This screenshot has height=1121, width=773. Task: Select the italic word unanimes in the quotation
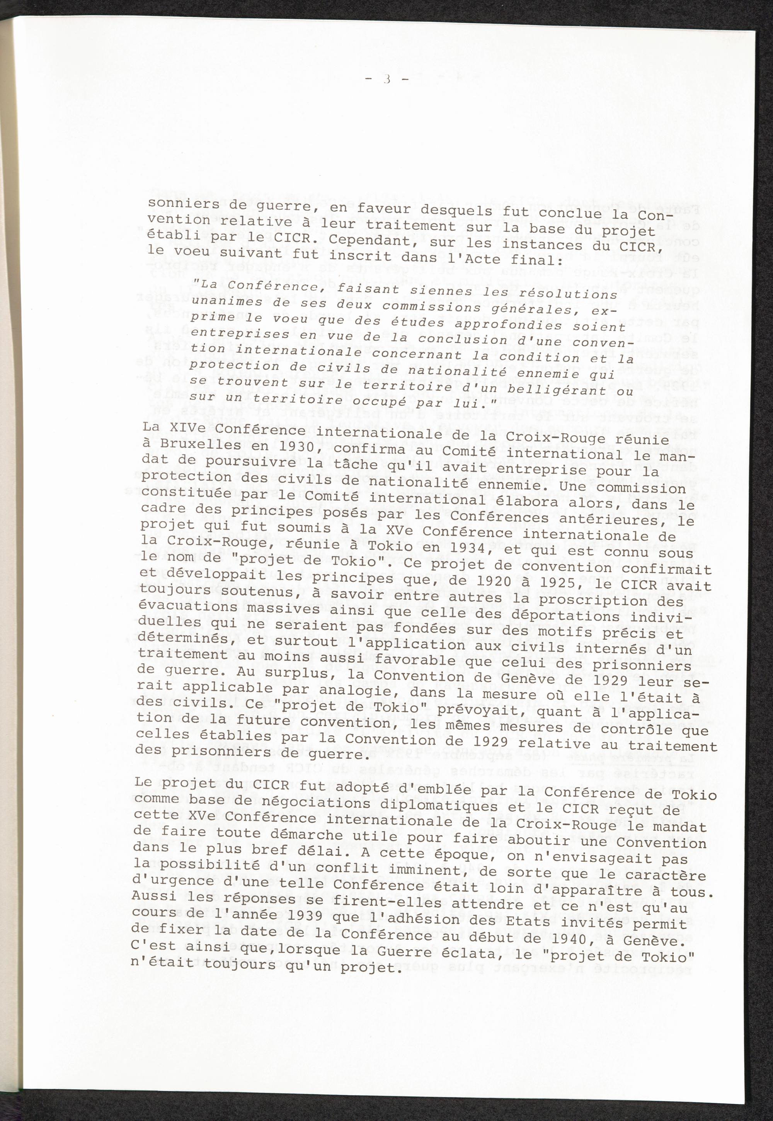click(220, 301)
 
